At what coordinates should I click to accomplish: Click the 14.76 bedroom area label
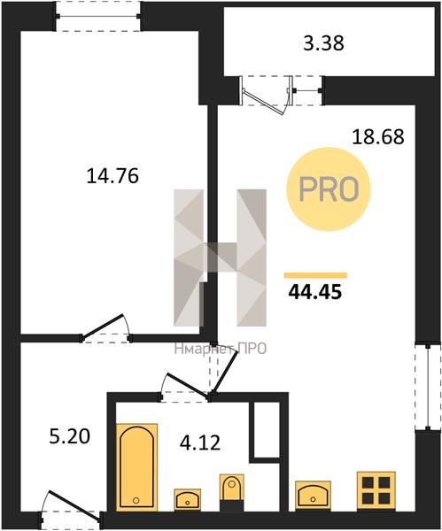point(112,176)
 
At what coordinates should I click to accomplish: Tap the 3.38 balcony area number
point(323,43)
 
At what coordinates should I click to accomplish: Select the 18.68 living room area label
point(378,137)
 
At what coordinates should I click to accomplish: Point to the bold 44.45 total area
point(314,292)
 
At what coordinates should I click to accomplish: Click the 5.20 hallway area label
point(70,436)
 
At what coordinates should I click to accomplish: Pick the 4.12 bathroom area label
point(200,442)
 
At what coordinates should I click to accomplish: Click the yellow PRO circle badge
point(328,189)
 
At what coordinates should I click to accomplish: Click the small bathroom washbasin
point(188,499)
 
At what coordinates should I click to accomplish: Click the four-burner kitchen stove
point(376,491)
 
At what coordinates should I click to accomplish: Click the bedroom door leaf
point(103,327)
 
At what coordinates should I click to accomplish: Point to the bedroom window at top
point(98,16)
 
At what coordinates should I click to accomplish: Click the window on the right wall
point(429,388)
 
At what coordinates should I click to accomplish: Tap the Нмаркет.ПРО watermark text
point(221,349)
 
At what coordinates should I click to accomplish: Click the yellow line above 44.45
point(315,275)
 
